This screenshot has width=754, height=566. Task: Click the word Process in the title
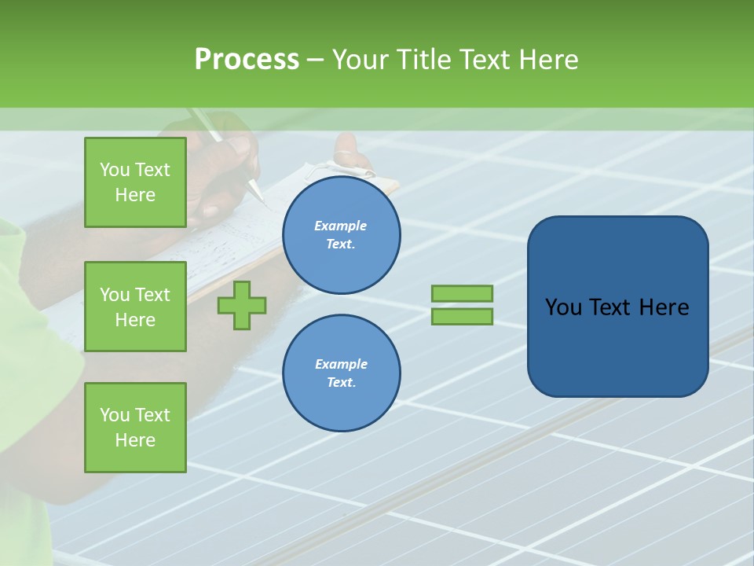(247, 59)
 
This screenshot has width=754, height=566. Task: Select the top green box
(135, 182)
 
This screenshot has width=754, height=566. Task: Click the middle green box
(135, 307)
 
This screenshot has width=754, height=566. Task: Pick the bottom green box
(135, 427)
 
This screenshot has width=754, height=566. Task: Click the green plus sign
(242, 305)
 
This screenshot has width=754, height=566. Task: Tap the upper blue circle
(342, 235)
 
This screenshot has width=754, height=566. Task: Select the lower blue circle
(342, 373)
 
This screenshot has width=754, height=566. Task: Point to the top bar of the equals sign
(462, 293)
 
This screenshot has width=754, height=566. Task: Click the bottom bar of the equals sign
(462, 317)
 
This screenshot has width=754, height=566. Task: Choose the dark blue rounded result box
(617, 307)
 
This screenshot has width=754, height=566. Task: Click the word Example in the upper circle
(340, 226)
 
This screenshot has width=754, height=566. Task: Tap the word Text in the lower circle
(340, 383)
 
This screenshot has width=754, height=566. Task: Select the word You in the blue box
(564, 307)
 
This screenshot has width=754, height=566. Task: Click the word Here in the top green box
(135, 195)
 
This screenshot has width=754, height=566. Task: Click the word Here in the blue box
(664, 307)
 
